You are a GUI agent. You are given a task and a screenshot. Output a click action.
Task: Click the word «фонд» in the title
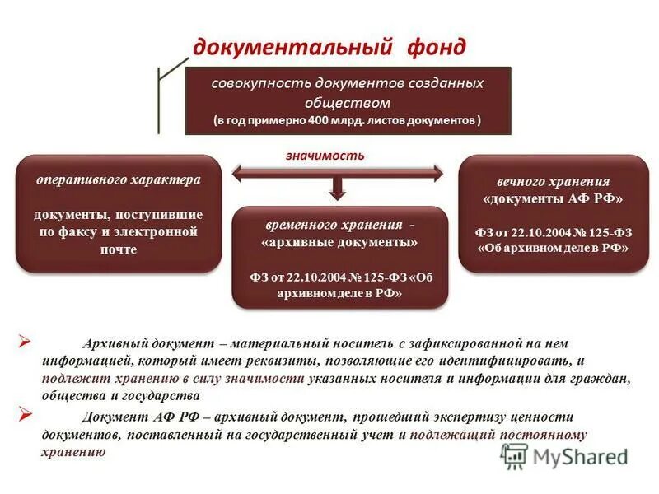(435, 47)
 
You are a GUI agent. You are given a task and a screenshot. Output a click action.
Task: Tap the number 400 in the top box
(322, 120)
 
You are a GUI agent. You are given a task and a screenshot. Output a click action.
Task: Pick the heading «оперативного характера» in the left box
(118, 179)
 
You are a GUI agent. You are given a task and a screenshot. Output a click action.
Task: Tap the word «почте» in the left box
(117, 249)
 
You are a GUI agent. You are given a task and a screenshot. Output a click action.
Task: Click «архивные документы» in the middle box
(339, 242)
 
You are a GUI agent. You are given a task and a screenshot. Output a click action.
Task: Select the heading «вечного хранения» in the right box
(553, 181)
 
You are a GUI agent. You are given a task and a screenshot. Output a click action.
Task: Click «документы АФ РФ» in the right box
(553, 199)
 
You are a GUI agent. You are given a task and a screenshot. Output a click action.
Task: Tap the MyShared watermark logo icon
(515, 455)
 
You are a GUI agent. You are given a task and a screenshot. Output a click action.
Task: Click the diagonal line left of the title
(173, 67)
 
